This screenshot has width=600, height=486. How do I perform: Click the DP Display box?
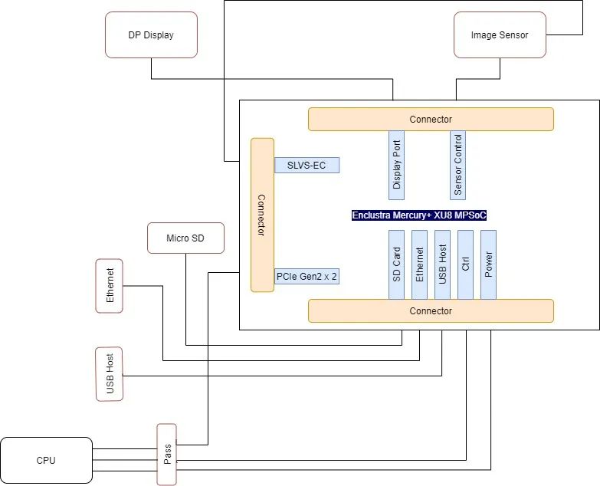click(x=151, y=34)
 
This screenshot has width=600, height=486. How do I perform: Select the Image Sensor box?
click(x=500, y=34)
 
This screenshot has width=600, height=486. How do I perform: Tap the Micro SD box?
click(x=185, y=238)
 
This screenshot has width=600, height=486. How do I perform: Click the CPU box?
click(x=46, y=461)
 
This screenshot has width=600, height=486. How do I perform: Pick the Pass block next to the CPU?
click(x=167, y=455)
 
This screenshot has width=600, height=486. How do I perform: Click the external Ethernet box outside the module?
click(x=110, y=286)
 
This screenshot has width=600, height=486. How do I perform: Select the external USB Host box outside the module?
click(x=110, y=374)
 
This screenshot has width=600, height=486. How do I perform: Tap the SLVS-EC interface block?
click(x=307, y=166)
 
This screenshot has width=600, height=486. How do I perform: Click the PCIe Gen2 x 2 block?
click(x=307, y=276)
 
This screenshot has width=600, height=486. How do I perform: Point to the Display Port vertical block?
click(x=396, y=165)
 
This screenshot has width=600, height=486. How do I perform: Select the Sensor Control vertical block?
click(x=457, y=165)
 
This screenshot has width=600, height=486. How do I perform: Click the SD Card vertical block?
click(x=396, y=264)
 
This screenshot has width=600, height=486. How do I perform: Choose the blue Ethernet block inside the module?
click(x=419, y=264)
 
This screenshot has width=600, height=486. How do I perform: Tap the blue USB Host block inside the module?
click(x=442, y=264)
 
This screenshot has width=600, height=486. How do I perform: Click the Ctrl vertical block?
click(x=465, y=264)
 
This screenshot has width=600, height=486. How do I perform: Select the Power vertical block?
click(x=488, y=264)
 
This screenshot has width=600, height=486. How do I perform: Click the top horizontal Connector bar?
click(x=431, y=120)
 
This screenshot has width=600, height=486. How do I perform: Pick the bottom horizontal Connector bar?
click(x=431, y=310)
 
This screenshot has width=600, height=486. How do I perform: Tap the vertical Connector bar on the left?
click(x=263, y=215)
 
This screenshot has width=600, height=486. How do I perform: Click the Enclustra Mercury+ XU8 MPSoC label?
click(x=419, y=215)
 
